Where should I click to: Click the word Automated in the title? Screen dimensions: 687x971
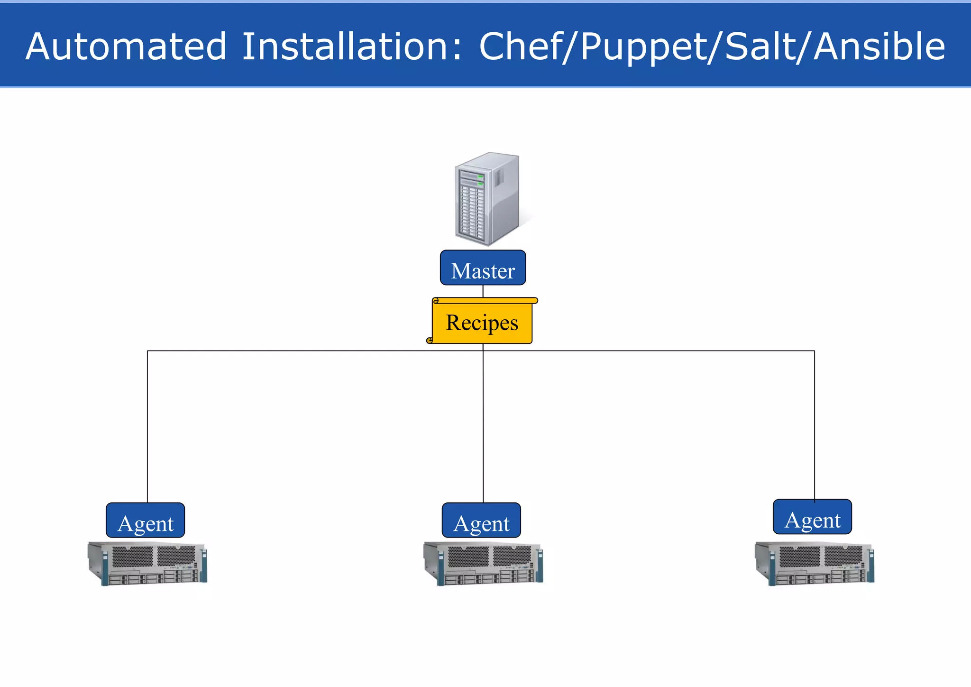(126, 46)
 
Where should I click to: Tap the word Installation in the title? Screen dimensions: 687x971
(351, 46)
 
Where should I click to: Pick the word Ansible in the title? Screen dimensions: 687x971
(879, 46)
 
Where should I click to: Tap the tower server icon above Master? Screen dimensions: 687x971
(487, 199)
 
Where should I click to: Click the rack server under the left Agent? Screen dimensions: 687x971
(147, 564)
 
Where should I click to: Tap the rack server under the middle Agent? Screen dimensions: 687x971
(483, 564)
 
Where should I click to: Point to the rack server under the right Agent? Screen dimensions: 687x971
(814, 564)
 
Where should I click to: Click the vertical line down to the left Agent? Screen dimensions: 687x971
(147, 427)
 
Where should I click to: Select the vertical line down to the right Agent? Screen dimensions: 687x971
(815, 427)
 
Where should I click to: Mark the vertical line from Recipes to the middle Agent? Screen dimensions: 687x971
(483, 427)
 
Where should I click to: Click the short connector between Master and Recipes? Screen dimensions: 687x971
(483, 291)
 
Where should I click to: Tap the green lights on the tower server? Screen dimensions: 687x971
(480, 180)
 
